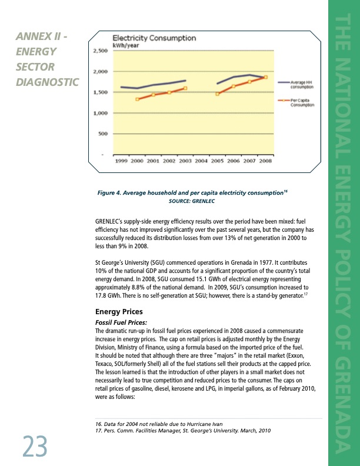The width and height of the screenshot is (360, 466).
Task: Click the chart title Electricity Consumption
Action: pyautogui.click(x=154, y=38)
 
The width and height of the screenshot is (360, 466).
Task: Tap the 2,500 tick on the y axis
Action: pyautogui.click(x=100, y=51)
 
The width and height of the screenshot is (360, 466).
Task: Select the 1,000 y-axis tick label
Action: pyautogui.click(x=100, y=113)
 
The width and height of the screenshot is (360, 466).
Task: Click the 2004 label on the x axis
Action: pyautogui.click(x=202, y=160)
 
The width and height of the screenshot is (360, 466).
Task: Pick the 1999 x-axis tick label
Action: pyautogui.click(x=122, y=160)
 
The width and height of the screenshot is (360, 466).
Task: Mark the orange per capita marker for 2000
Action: pyautogui.click(x=138, y=99)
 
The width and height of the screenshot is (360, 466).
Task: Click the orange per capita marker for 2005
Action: pyautogui.click(x=218, y=94)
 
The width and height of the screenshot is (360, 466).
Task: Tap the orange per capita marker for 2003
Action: pyautogui.click(x=185, y=88)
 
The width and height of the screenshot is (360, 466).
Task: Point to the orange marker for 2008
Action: pyautogui.click(x=266, y=77)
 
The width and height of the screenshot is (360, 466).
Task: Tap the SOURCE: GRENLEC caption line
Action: pyautogui.click(x=192, y=201)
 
